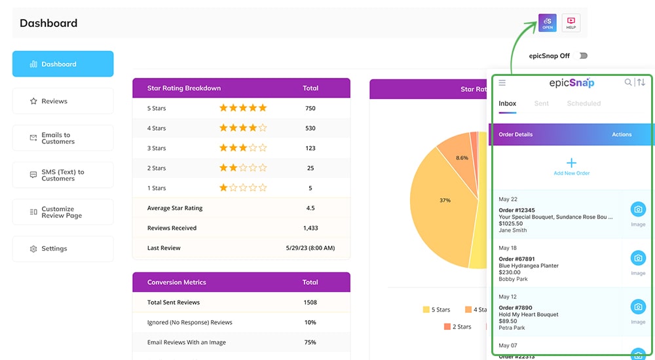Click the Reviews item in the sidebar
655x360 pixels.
pyautogui.click(x=62, y=101)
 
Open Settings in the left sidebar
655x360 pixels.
pyautogui.click(x=62, y=249)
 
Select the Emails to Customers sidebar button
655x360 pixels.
pyautogui.click(x=62, y=138)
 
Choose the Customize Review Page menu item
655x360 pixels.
pyautogui.click(x=62, y=212)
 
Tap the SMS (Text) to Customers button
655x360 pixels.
pyautogui.click(x=62, y=175)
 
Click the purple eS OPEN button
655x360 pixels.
pyautogui.click(x=548, y=23)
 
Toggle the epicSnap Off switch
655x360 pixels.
pyautogui.click(x=582, y=56)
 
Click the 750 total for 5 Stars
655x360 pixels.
pyautogui.click(x=310, y=108)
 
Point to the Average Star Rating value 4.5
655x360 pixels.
pyautogui.click(x=310, y=208)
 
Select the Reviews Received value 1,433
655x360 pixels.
pyautogui.click(x=310, y=228)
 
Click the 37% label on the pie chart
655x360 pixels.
pyautogui.click(x=445, y=200)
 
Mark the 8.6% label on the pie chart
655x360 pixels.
pyautogui.click(x=462, y=158)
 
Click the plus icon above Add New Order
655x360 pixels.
pyautogui.click(x=571, y=163)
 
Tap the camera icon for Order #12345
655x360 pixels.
pyautogui.click(x=638, y=209)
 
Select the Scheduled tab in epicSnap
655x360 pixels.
pyautogui.click(x=584, y=103)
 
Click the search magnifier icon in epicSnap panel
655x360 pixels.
pyautogui.click(x=628, y=82)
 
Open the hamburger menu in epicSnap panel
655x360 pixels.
pyautogui.click(x=502, y=82)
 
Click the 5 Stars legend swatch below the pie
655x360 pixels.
pyautogui.click(x=426, y=310)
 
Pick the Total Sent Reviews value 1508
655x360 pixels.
pyautogui.click(x=310, y=302)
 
